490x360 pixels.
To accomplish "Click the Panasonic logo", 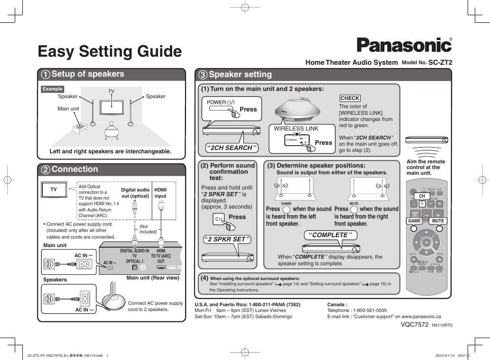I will [404, 45].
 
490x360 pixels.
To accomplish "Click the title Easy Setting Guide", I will [109, 51].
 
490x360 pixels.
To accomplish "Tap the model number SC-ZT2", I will [440, 62].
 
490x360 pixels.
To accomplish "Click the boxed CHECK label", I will [350, 98].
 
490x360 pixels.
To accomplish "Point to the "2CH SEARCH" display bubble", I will [231, 148].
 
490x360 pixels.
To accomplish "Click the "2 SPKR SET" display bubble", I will [226, 239].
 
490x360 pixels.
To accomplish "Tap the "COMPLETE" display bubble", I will [330, 235].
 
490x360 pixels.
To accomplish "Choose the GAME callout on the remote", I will [414, 221].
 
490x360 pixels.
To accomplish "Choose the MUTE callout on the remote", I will [438, 221].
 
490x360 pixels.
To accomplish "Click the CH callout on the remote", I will [421, 196].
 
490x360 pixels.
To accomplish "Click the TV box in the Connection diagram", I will [53, 190].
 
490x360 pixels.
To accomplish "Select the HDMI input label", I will [161, 192].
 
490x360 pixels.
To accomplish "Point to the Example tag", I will [52, 89].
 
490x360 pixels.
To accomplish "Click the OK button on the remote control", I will [427, 243].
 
